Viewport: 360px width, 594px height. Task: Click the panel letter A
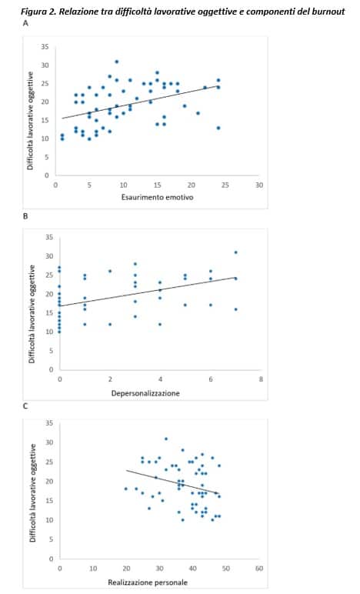(25, 23)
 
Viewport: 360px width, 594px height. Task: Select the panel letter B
(25, 216)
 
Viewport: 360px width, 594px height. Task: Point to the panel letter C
(25, 406)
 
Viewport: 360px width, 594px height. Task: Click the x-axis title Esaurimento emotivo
(157, 197)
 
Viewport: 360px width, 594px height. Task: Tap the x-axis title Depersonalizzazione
(145, 393)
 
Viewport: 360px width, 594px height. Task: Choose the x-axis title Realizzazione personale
(148, 582)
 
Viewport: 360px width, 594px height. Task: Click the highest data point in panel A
(117, 62)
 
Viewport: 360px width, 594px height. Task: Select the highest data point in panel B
(236, 252)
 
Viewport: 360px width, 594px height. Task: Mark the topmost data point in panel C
(166, 439)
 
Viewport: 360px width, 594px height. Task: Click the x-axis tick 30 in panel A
(259, 185)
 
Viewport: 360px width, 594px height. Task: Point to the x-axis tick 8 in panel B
(261, 379)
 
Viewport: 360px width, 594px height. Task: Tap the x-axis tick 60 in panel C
(259, 569)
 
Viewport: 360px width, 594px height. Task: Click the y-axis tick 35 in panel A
(45, 47)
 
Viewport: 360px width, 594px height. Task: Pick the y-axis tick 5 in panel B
(51, 351)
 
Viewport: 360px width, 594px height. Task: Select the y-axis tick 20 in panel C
(49, 482)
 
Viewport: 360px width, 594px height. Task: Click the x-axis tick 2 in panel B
(110, 379)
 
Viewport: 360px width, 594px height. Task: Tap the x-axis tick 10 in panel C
(93, 569)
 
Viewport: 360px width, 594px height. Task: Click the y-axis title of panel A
(30, 121)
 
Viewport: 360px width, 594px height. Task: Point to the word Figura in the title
(31, 12)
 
